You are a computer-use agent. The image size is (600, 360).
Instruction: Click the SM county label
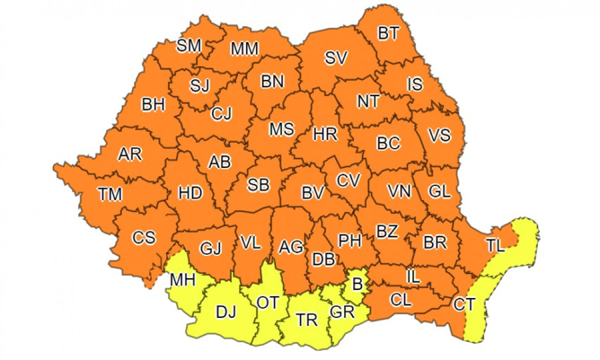[x=189, y=46]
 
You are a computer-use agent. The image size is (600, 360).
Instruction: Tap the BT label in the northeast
[x=388, y=34]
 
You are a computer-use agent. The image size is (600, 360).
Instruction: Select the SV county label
[x=335, y=58]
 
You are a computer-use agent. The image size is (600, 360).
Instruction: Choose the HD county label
[x=190, y=192]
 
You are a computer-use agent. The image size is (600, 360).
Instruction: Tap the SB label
[x=258, y=185]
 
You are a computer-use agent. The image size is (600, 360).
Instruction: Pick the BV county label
[x=313, y=193]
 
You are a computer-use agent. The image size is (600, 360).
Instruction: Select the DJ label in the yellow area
[x=226, y=312]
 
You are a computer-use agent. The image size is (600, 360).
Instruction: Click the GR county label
[x=342, y=312]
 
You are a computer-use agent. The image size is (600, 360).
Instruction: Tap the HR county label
[x=325, y=134]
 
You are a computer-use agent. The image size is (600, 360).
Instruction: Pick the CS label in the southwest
[x=144, y=237]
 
